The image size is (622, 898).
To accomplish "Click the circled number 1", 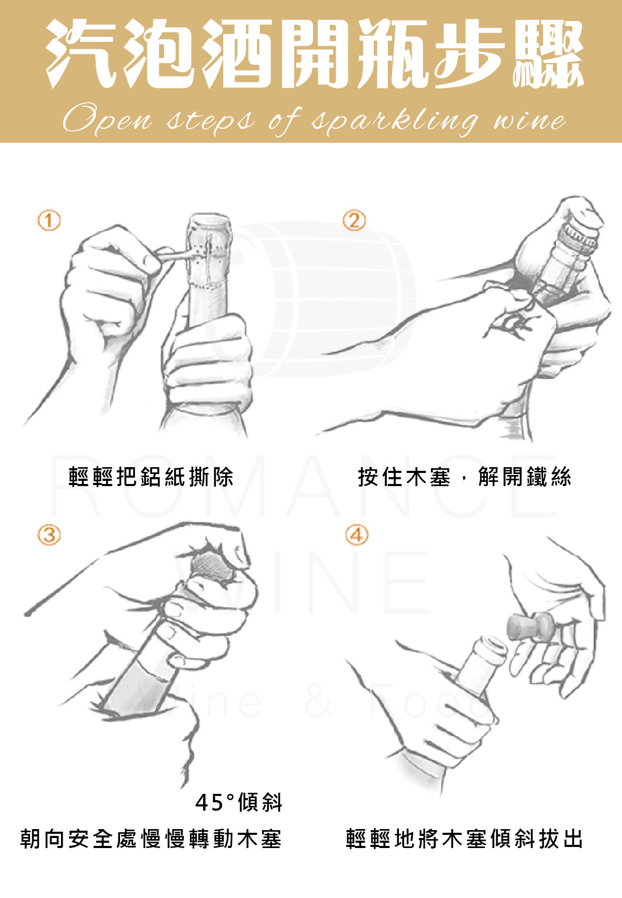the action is (49, 220).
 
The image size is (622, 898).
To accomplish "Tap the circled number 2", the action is (354, 220).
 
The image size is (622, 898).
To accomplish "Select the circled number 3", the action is (49, 535).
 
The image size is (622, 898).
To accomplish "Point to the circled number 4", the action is (356, 535).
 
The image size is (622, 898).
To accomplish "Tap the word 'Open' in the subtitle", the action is (107, 118).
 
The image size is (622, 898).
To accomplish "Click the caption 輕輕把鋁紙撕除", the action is (151, 477).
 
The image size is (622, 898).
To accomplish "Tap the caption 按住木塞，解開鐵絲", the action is (464, 477).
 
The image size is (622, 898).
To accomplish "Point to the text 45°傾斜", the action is (239, 803).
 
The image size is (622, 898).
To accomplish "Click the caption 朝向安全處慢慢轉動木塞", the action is (151, 839).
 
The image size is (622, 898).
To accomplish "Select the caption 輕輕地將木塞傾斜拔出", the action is (464, 839).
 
